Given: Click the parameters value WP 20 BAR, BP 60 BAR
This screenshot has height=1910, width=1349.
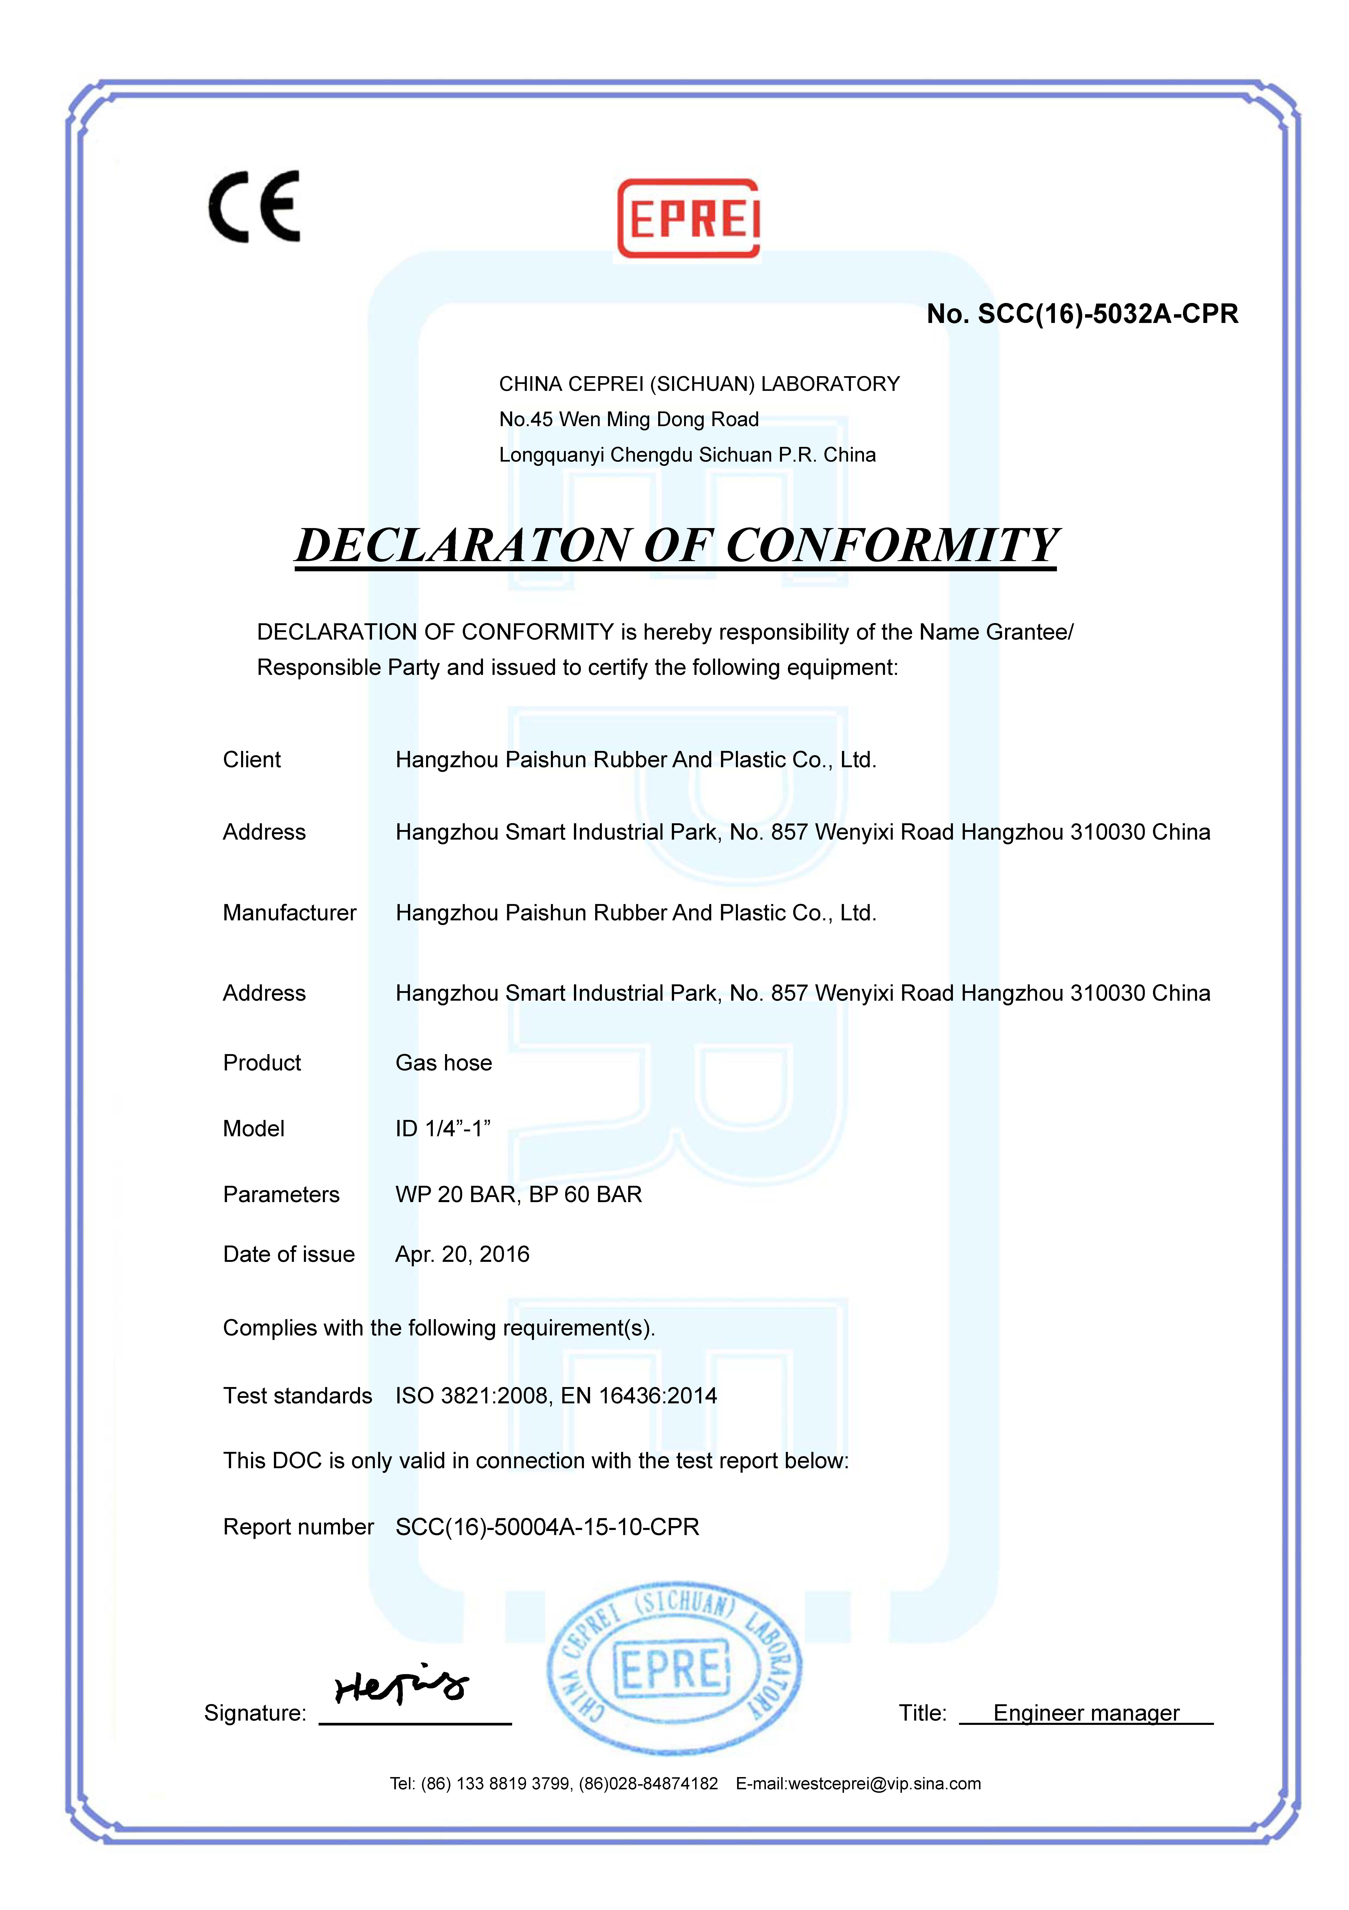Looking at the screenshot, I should [518, 1195].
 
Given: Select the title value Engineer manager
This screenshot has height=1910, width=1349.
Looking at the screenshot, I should [1086, 1713].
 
